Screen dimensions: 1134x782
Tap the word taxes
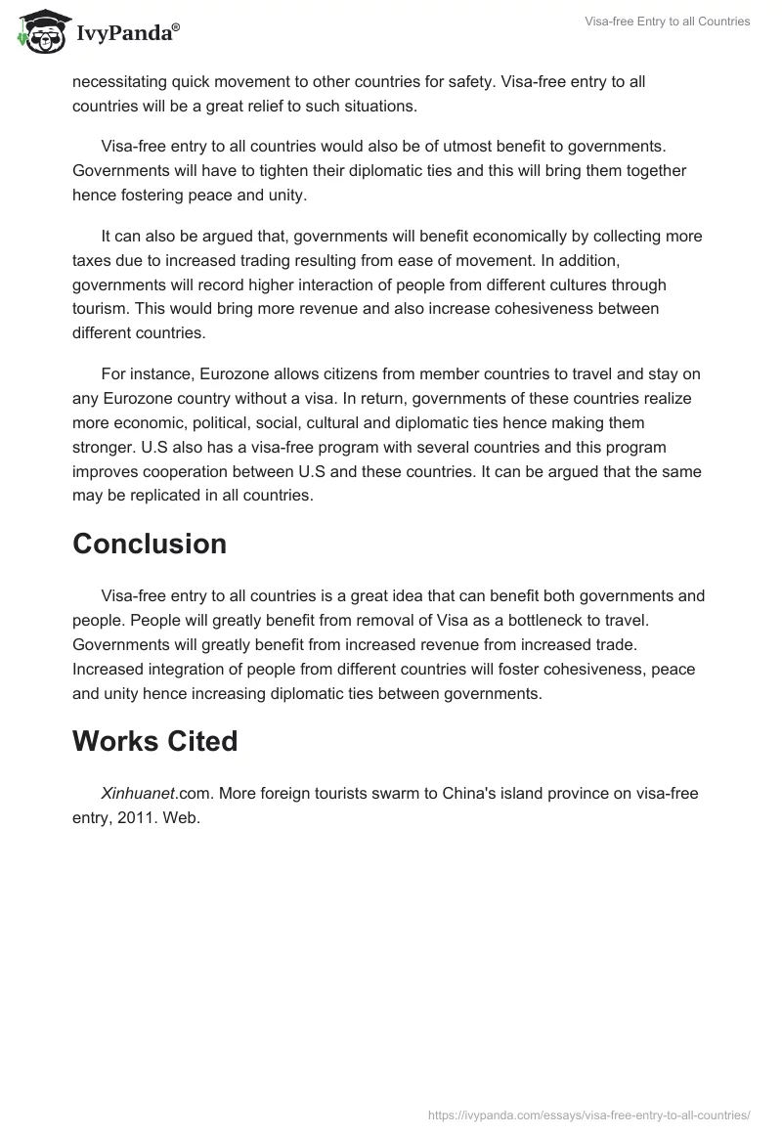click(94, 260)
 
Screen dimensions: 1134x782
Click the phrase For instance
click(145, 374)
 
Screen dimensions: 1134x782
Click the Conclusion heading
click(150, 544)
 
